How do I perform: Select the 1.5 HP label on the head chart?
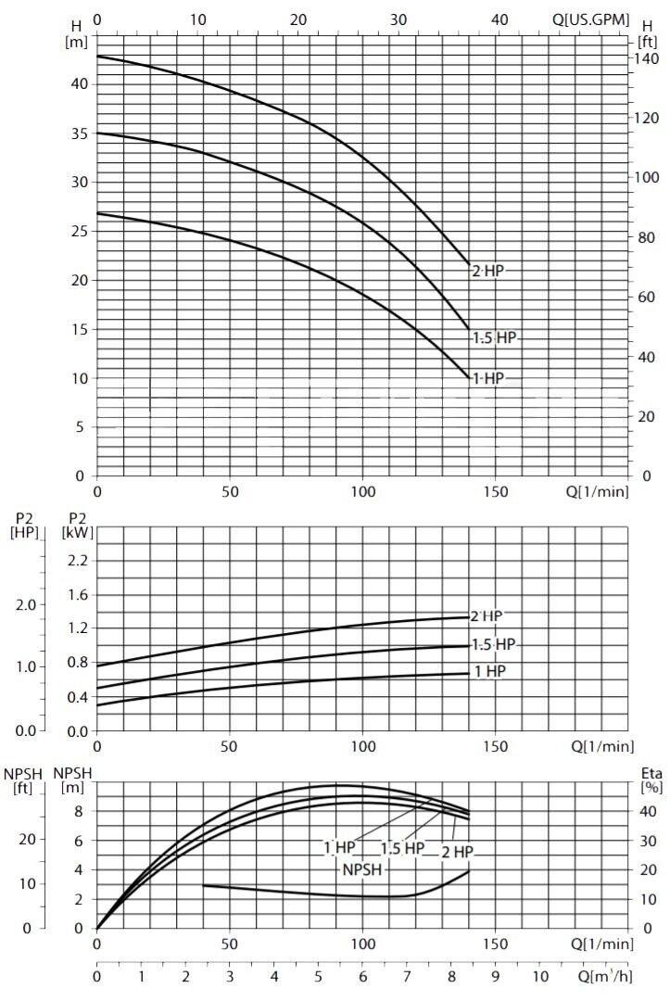(493, 338)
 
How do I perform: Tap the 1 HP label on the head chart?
(488, 378)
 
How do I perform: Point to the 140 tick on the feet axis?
(646, 58)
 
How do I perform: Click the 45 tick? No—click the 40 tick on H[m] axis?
(80, 84)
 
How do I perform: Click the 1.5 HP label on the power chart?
(493, 644)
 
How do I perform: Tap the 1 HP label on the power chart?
(488, 671)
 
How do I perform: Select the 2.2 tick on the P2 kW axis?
(77, 561)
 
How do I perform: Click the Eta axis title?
(651, 772)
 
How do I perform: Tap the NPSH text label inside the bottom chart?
(361, 869)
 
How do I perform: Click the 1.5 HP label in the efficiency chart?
(402, 848)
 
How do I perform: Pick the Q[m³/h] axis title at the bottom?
(608, 977)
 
